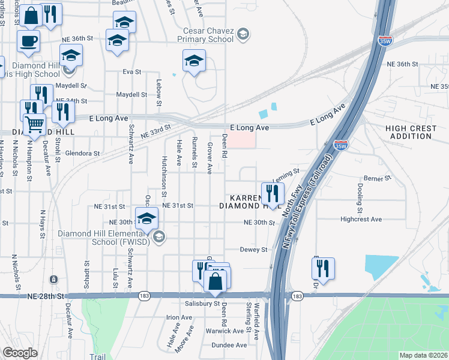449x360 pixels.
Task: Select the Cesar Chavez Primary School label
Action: coord(205,35)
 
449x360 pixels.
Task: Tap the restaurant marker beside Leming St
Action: coord(273,194)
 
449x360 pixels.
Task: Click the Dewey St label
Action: coord(253,250)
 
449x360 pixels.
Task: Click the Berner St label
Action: coord(378,179)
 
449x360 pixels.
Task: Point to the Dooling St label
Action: coord(360,199)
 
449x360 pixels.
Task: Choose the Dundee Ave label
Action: coord(229,346)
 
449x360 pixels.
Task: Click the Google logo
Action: coord(20,353)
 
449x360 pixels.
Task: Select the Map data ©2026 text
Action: coord(423,355)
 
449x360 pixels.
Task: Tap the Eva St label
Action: coord(131,72)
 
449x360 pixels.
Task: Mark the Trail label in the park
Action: coord(97,357)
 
